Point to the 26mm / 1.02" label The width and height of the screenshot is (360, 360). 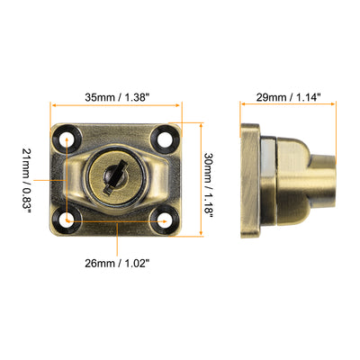[118, 264]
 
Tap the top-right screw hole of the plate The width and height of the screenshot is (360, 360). [164, 139]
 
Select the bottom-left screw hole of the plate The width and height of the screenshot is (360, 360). [69, 218]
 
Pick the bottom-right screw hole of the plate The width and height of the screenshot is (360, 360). [164, 218]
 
